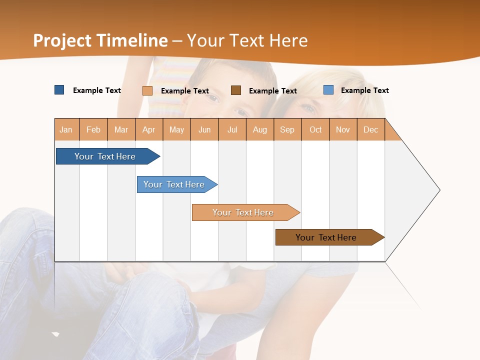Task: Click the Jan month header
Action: pos(66,129)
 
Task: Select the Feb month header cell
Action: pos(93,129)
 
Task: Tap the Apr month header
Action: pos(149,129)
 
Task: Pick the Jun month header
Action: pos(204,129)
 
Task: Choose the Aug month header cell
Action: pos(260,129)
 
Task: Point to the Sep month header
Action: pos(287,129)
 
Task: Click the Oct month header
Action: pos(315,129)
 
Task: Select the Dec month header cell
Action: pos(371,129)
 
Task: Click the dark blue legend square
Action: pos(59,90)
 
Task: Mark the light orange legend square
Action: pos(147,90)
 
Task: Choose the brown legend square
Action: pos(236,90)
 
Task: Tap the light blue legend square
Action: pos(328,90)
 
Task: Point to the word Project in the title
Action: pos(62,40)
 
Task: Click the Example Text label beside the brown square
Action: pos(273,91)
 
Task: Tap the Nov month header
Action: pos(343,129)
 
